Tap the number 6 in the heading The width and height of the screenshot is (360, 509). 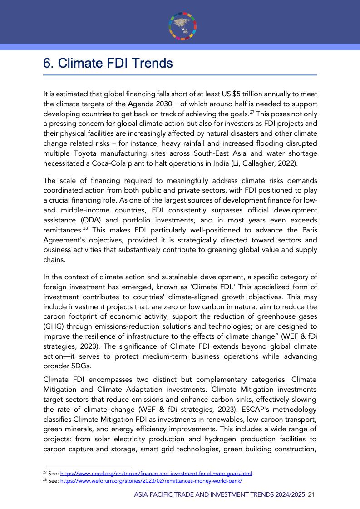pyautogui.click(x=47, y=63)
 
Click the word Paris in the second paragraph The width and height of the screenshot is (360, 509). pyautogui.click(x=308, y=230)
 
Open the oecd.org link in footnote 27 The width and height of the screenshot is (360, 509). pyautogui.click(x=156, y=473)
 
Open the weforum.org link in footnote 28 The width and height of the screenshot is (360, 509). pyautogui.click(x=151, y=480)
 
